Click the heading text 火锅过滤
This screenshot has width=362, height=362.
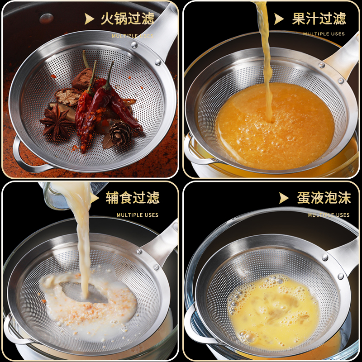click(127, 19)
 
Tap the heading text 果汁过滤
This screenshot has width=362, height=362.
click(319, 19)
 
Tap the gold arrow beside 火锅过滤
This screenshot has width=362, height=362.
click(90, 19)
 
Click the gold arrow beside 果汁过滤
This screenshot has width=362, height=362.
click(279, 19)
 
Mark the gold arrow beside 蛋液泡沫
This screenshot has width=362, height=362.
click(284, 198)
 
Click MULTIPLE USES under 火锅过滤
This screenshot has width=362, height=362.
click(133, 36)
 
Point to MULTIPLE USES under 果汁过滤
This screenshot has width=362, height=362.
click(324, 34)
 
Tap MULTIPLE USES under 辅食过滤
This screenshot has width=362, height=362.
click(138, 215)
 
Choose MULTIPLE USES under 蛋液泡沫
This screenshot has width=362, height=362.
click(329, 215)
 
